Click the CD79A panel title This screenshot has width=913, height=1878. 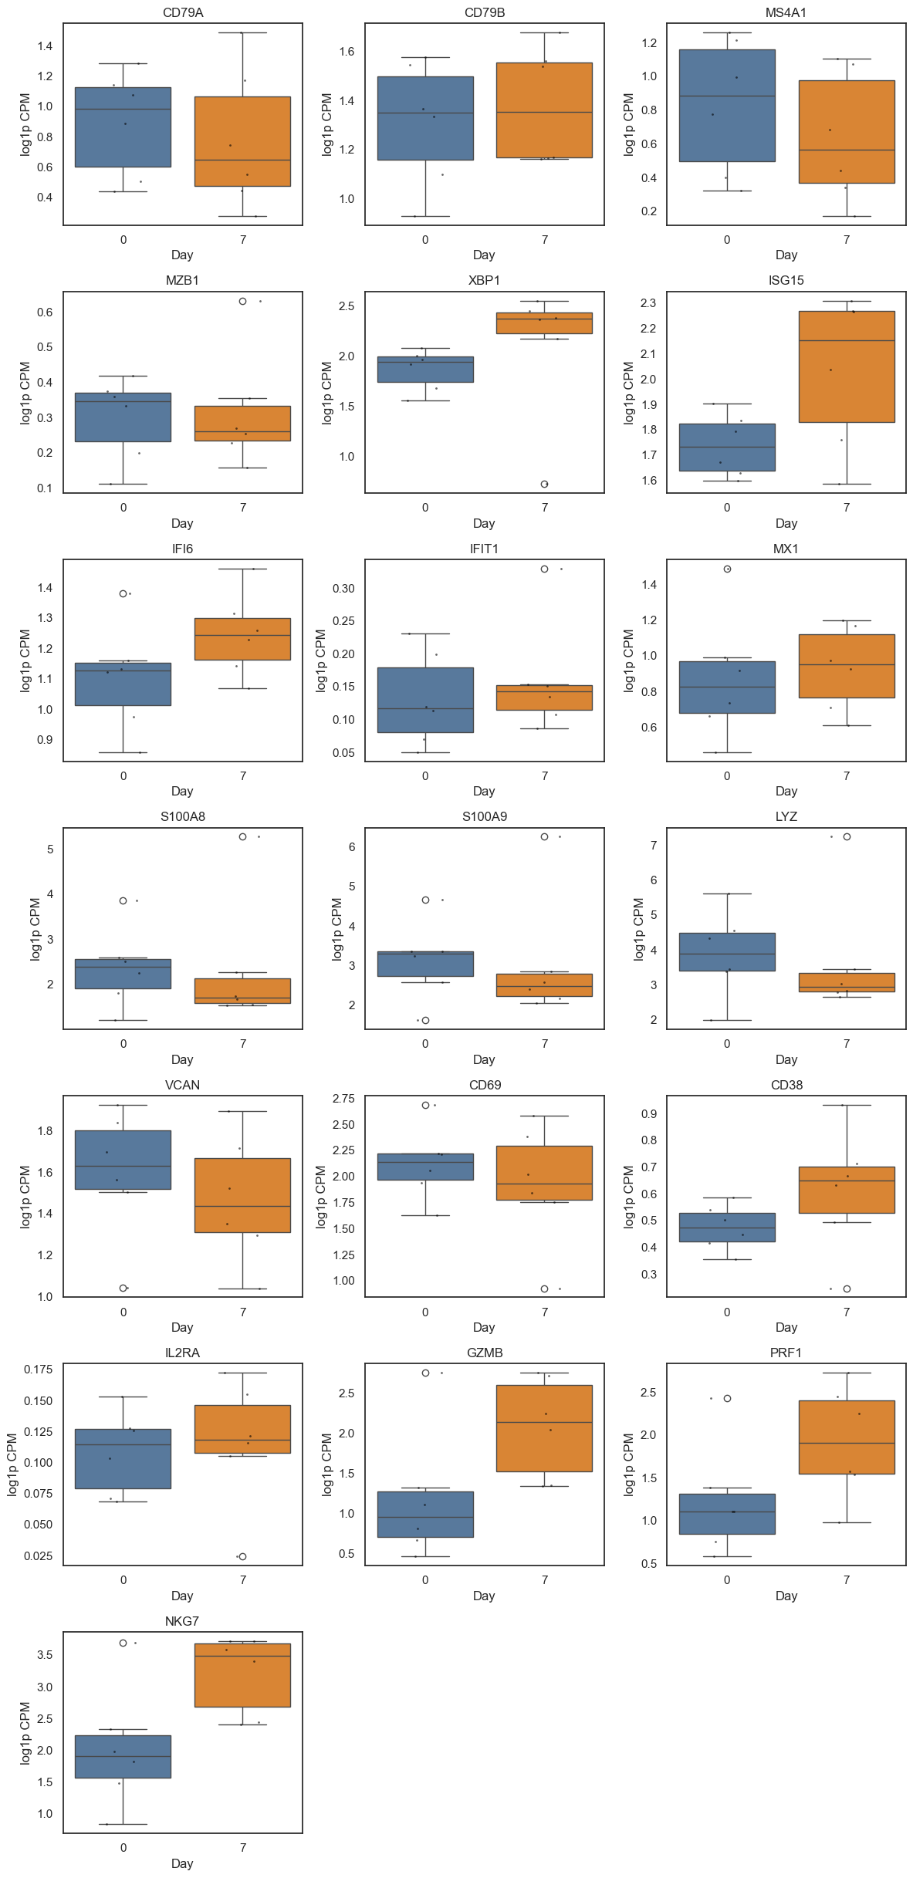pyautogui.click(x=183, y=13)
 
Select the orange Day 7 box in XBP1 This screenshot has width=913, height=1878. pyautogui.click(x=544, y=323)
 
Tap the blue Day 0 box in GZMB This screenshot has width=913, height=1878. pyautogui.click(x=425, y=1514)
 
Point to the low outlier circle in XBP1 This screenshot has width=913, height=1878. pyautogui.click(x=544, y=484)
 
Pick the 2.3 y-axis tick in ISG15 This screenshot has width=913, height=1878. pyautogui.click(x=648, y=303)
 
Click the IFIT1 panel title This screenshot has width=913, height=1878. pyautogui.click(x=484, y=549)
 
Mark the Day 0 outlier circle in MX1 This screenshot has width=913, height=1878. pyautogui.click(x=727, y=569)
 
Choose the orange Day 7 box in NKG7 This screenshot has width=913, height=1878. pyautogui.click(x=242, y=1674)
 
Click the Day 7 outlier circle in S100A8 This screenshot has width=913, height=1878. pyautogui.click(x=243, y=836)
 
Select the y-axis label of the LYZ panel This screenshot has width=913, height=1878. pyautogui.click(x=638, y=929)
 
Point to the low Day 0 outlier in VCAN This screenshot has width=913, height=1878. pyautogui.click(x=123, y=1288)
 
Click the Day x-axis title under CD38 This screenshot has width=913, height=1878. pyautogui.click(x=786, y=1327)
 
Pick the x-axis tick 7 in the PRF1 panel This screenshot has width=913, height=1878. pyautogui.click(x=847, y=1579)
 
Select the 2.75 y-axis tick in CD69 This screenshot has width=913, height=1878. pyautogui.click(x=343, y=1099)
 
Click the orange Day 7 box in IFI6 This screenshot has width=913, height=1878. pyautogui.click(x=242, y=639)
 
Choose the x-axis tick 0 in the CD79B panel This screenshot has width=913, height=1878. pyautogui.click(x=425, y=240)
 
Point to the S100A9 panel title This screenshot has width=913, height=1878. pyautogui.click(x=484, y=817)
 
